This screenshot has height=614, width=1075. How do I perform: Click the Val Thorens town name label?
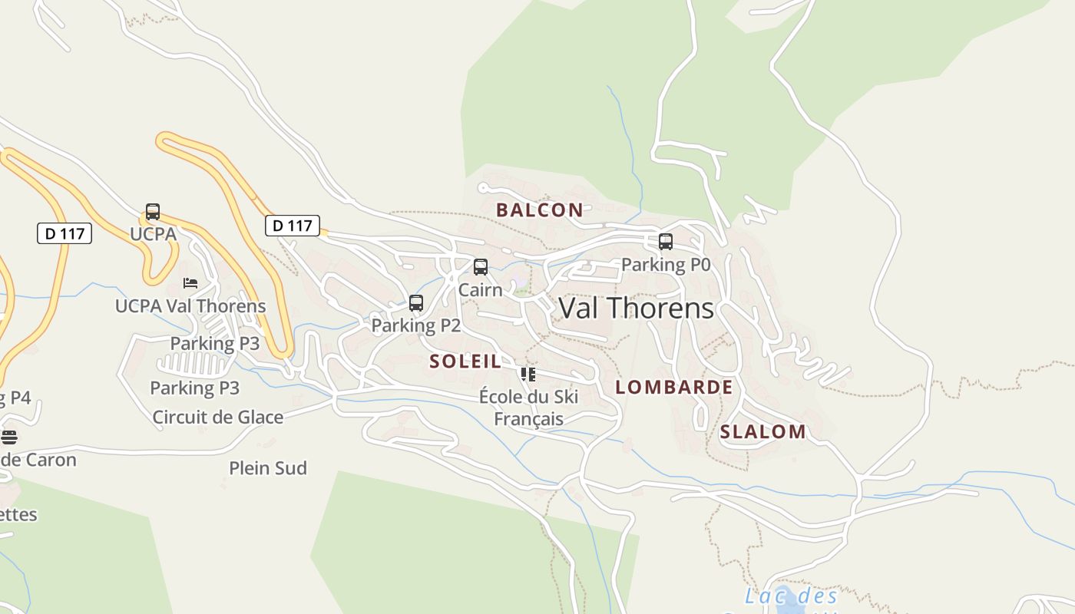[x=636, y=308]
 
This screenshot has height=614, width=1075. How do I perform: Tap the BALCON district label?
[x=539, y=210]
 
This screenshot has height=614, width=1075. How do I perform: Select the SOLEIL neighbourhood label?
[x=465, y=361]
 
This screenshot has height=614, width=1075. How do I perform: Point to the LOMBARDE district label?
[x=674, y=388]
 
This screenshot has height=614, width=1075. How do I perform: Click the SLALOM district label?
[x=762, y=432]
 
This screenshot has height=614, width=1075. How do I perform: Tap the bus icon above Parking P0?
[x=666, y=242]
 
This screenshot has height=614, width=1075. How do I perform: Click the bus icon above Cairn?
[x=481, y=267]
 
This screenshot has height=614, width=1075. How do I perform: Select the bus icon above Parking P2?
[x=416, y=303]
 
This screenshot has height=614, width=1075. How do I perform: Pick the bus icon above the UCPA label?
[x=153, y=212]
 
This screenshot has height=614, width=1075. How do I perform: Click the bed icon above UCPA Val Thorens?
[x=190, y=283]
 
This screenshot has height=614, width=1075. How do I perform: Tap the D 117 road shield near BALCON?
[x=293, y=226]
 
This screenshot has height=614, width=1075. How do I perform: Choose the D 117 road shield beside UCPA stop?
[x=64, y=233]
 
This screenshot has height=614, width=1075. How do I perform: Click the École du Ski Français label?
[x=528, y=408]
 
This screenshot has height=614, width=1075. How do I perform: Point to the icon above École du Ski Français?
[x=528, y=375]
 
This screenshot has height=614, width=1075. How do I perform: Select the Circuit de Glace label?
[x=218, y=418]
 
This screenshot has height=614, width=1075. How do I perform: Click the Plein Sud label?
[x=268, y=468]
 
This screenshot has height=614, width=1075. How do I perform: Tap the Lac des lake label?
[x=791, y=596]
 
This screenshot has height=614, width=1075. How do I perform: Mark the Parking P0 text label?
[x=666, y=265]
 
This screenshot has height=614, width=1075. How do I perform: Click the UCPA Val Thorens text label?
[x=190, y=306]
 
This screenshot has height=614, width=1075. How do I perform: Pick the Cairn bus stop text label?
[x=480, y=290]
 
